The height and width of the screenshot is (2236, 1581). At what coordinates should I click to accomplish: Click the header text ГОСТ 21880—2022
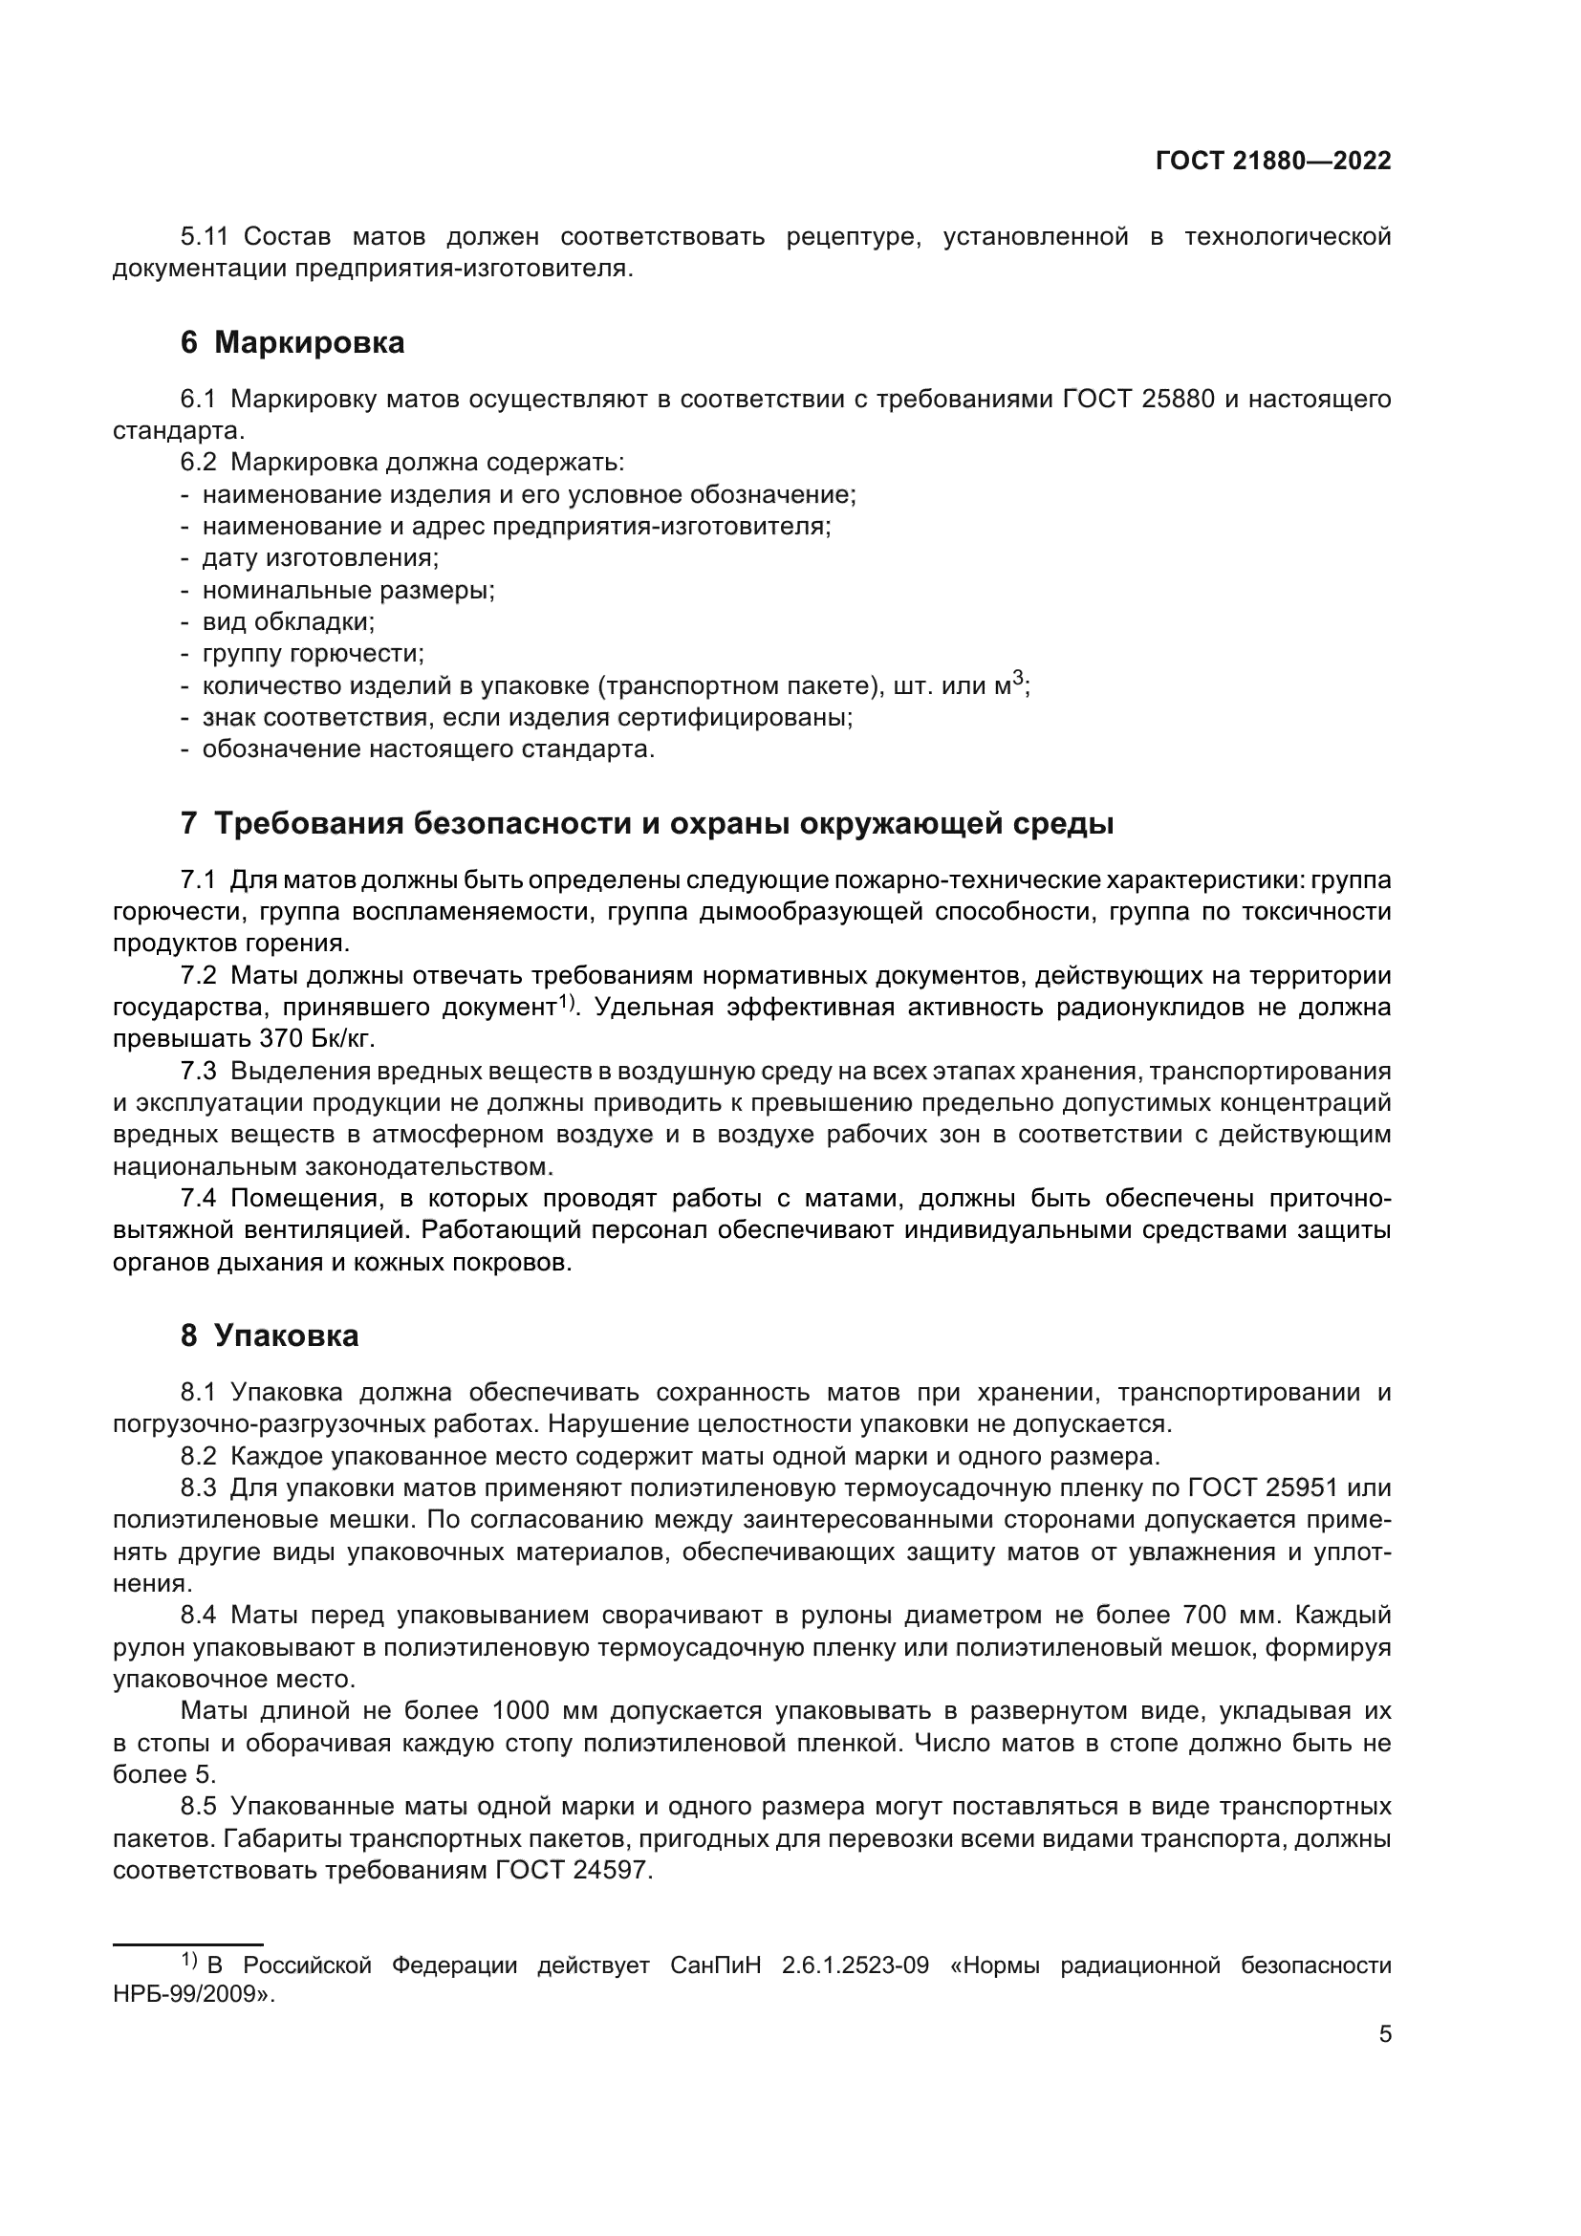pyautogui.click(x=1272, y=162)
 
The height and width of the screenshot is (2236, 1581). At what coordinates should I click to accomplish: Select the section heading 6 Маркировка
pyautogui.click(x=292, y=343)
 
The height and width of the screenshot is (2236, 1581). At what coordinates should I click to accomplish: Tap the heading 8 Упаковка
pyautogui.click(x=269, y=1335)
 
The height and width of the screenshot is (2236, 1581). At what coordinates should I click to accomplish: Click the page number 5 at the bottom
pyautogui.click(x=1384, y=2034)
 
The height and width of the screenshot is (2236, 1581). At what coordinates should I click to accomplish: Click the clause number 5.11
pyautogui.click(x=204, y=237)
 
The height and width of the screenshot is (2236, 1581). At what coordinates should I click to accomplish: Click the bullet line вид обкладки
pyautogui.click(x=288, y=621)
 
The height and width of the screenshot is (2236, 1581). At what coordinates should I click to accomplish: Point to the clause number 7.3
pyautogui.click(x=198, y=1072)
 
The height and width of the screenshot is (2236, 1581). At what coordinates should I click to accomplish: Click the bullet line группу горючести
pyautogui.click(x=313, y=654)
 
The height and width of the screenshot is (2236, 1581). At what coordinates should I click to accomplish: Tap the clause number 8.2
pyautogui.click(x=198, y=1457)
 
